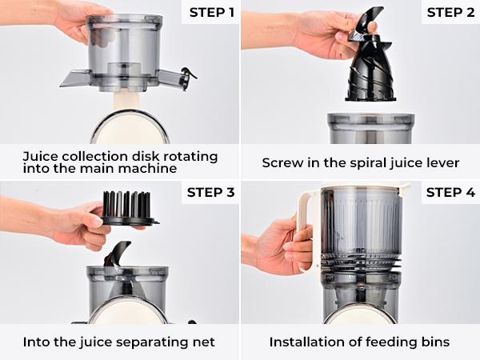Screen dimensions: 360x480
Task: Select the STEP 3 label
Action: coord(211,192)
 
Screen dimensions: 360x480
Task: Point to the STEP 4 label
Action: coord(450,192)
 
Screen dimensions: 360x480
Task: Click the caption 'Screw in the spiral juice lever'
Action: coord(360,162)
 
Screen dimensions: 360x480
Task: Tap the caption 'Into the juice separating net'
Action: coord(120,342)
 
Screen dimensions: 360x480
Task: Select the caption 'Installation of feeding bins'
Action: coord(359,342)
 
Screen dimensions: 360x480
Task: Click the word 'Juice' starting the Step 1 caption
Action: coord(40,155)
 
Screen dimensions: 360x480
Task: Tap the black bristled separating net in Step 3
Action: coord(128,210)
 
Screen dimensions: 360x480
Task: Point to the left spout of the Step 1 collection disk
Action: coord(76,78)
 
